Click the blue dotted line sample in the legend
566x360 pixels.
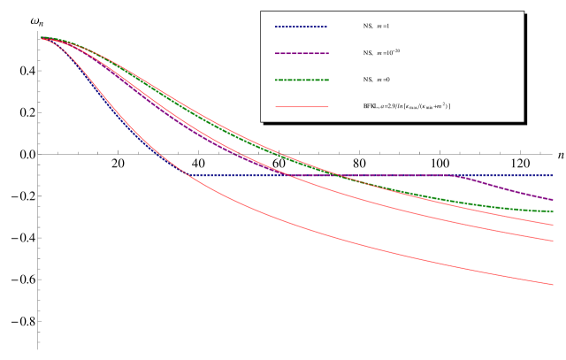coord(301,27)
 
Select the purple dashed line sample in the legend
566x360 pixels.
coord(301,53)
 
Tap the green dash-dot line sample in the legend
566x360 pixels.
coord(301,80)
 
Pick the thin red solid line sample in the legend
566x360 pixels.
coord(301,106)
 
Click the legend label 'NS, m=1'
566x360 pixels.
coord(376,27)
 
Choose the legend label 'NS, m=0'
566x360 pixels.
coord(376,80)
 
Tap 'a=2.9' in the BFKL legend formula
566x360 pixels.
coord(389,106)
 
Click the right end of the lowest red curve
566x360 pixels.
coord(553,285)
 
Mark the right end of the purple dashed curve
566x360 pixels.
coord(553,200)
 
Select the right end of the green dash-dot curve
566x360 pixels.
coord(553,211)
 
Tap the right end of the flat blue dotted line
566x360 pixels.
coord(553,175)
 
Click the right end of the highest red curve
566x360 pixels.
coord(553,225)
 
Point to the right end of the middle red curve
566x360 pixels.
coord(553,241)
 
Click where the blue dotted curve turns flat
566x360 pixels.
coord(191,175)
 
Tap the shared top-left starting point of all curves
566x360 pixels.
coord(42,38)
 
